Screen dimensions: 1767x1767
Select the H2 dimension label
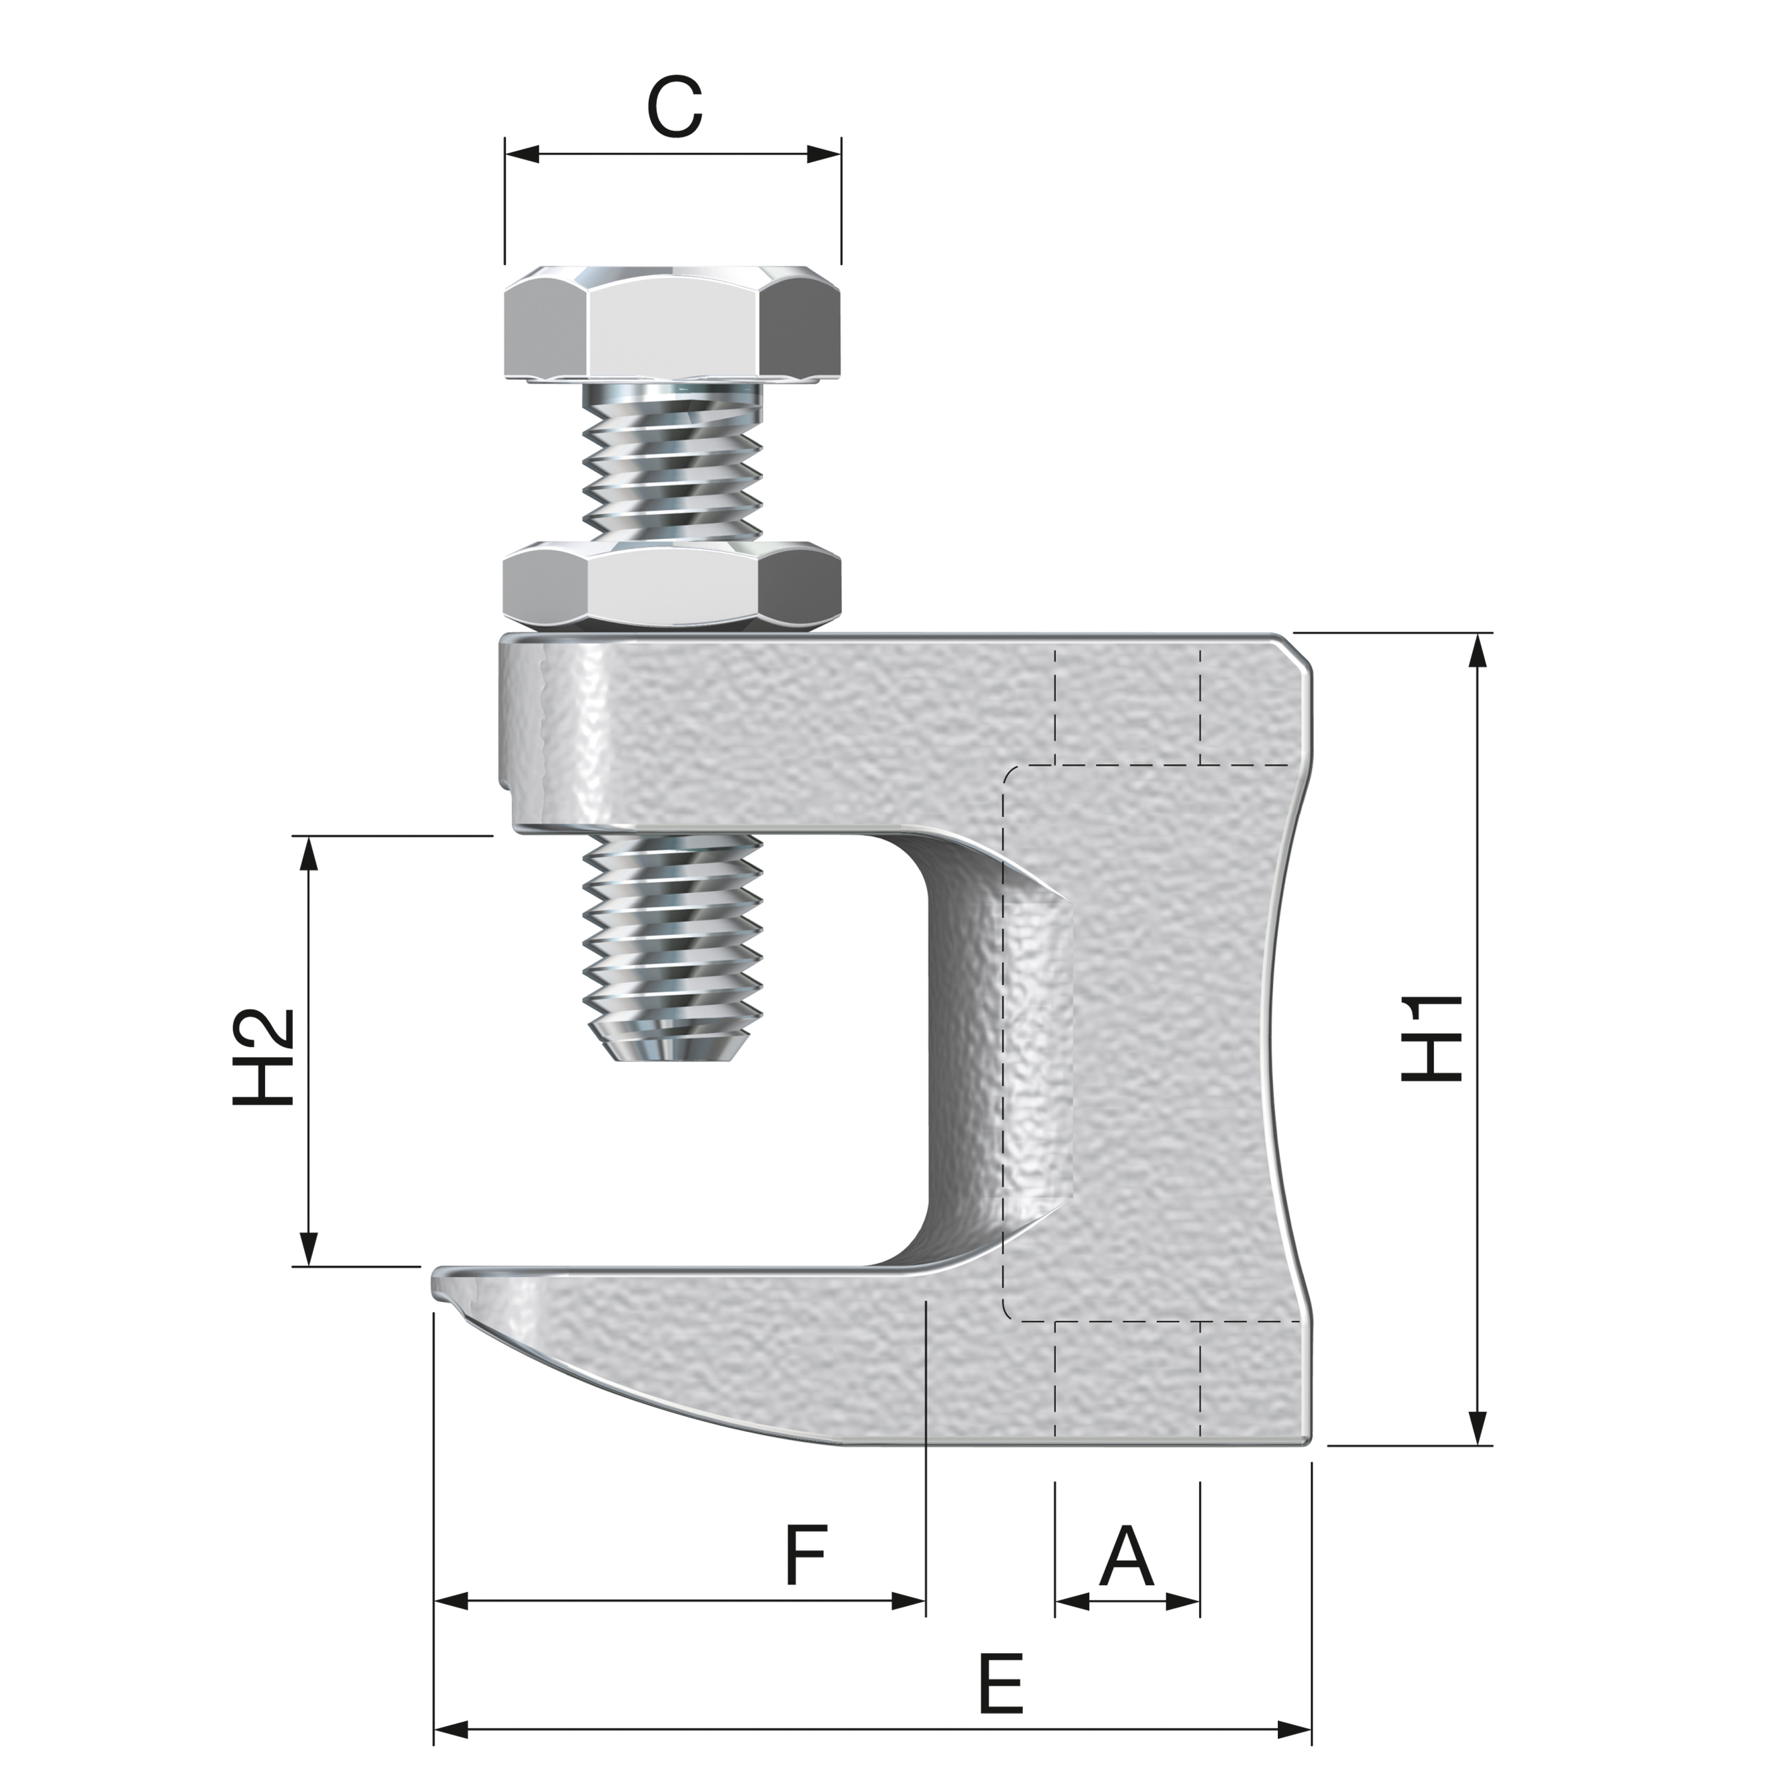point(263,1057)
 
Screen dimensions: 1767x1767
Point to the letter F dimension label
point(806,1555)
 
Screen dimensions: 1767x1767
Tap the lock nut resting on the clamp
point(672,586)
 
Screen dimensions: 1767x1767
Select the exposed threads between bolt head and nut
point(672,466)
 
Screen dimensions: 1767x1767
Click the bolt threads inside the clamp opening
point(672,933)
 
